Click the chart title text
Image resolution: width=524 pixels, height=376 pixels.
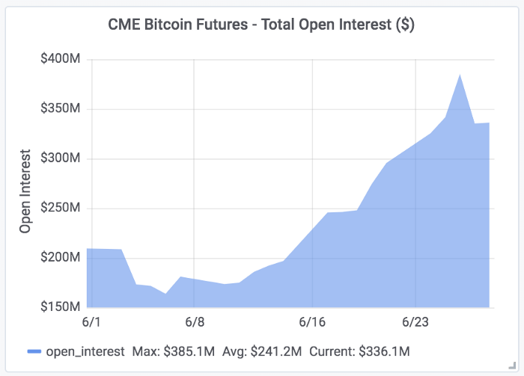[x=261, y=25]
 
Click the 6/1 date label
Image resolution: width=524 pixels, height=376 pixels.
[x=88, y=322]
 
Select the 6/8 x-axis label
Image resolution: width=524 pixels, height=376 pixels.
[x=194, y=322]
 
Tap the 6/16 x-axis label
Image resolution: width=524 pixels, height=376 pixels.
[x=312, y=322]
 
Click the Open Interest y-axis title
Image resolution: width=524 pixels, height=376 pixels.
[x=25, y=194]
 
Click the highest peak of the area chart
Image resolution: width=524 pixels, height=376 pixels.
[x=460, y=75]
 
